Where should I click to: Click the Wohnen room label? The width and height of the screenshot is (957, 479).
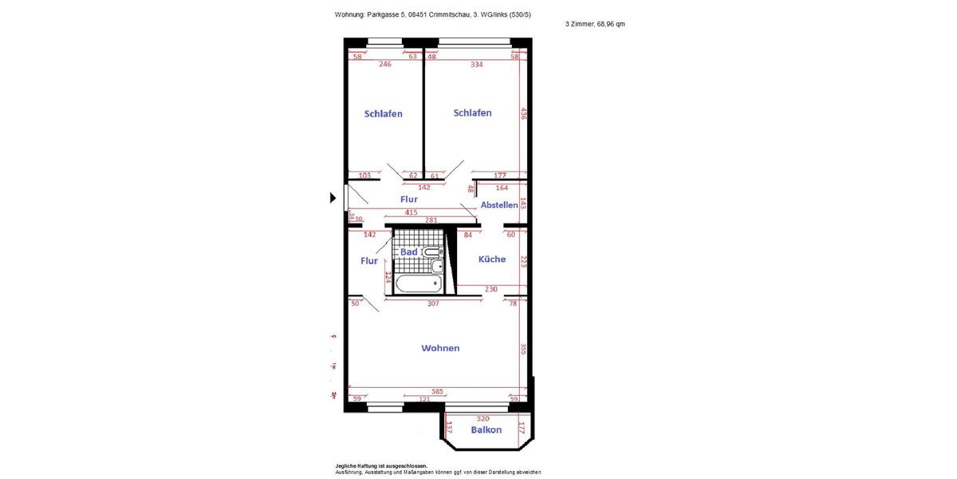point(440,348)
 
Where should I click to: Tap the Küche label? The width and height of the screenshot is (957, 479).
point(491,259)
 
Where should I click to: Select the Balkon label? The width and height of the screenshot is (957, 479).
point(486,430)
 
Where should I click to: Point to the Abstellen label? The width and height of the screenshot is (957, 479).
point(499,205)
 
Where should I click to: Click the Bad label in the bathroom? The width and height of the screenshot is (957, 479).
point(409,252)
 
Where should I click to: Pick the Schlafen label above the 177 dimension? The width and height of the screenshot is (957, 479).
point(472,113)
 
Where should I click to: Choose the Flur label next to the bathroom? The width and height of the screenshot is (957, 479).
point(369,261)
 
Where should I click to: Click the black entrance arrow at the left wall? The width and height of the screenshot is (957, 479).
point(333,198)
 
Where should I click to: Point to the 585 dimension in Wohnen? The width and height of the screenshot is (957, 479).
point(437,392)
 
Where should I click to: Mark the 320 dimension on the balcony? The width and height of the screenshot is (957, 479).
point(482,418)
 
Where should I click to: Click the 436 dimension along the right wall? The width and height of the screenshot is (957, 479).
point(524,113)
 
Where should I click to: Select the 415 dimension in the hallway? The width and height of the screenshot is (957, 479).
point(411,212)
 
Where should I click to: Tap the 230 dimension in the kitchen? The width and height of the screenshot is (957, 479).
point(490,290)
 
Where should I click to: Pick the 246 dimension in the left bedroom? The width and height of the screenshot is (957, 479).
point(385,65)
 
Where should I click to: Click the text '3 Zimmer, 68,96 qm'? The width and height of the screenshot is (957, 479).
point(595,24)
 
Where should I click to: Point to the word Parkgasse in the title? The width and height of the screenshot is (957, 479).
point(387,14)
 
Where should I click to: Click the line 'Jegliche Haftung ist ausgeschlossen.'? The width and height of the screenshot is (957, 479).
point(381,465)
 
